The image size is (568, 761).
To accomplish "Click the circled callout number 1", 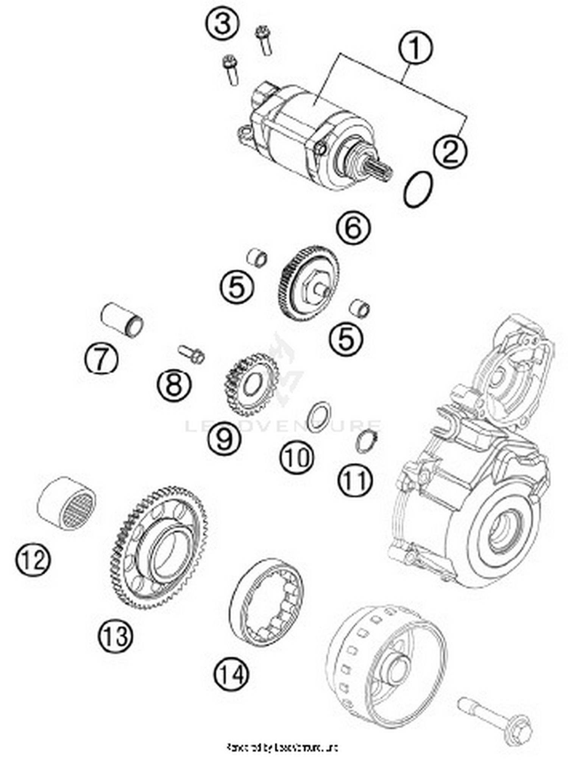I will (x=415, y=48).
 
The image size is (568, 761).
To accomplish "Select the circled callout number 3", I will (x=223, y=23).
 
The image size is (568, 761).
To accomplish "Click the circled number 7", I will (x=101, y=359).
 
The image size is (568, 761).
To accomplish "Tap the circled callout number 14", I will (x=231, y=674).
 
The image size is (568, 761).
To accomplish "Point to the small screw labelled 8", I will (x=192, y=354).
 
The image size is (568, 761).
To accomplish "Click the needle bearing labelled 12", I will (x=67, y=503).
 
